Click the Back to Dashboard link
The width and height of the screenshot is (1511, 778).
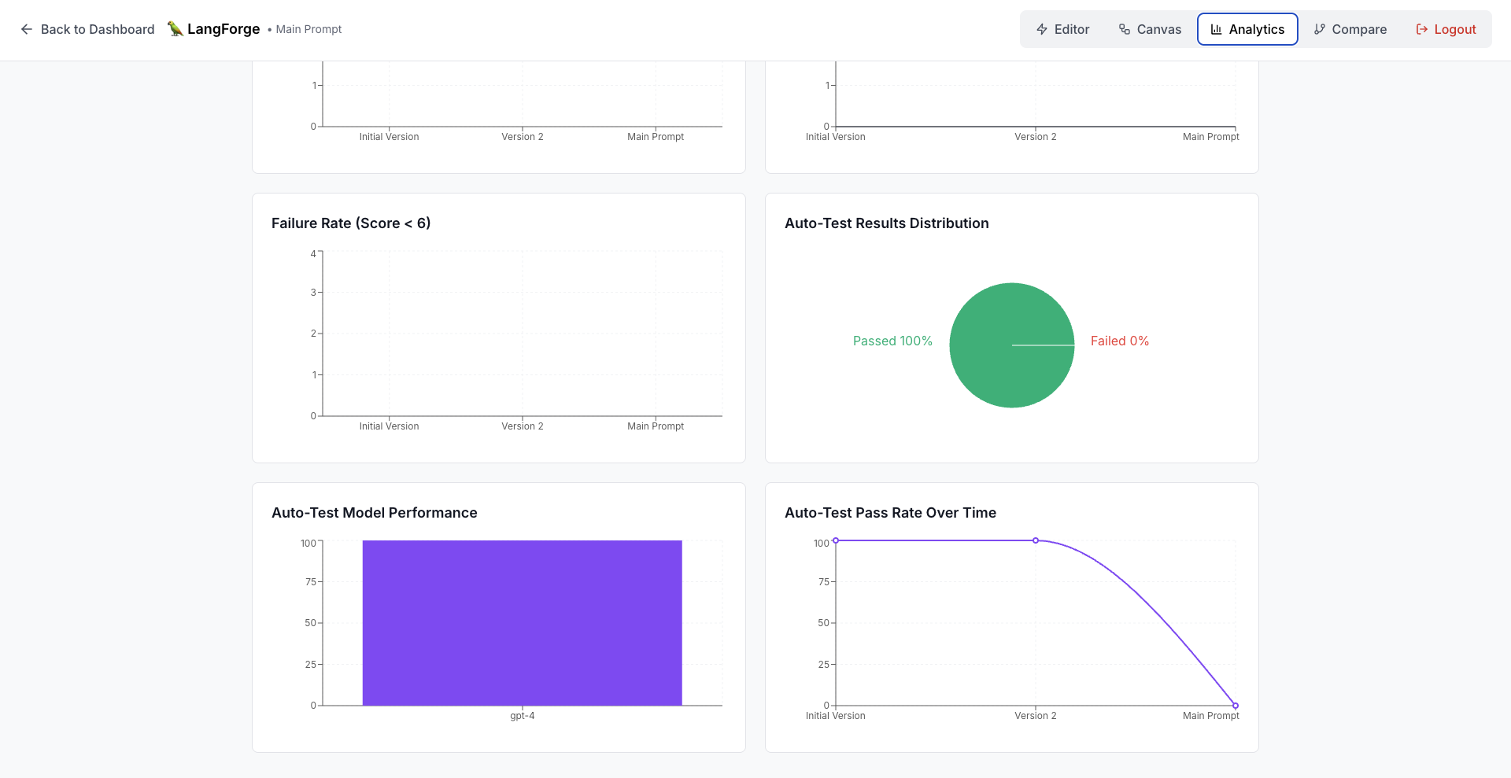coord(87,29)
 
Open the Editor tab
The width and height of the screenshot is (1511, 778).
coord(1062,29)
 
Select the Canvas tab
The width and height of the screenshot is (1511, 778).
coord(1150,29)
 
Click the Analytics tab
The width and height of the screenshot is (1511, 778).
coord(1247,29)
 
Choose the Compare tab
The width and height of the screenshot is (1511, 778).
coord(1350,29)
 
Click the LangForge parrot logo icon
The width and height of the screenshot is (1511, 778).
coord(175,29)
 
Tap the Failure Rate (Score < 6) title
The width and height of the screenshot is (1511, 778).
coord(351,223)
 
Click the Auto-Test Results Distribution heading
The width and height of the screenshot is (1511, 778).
coord(886,223)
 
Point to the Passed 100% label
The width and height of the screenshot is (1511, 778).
coord(892,341)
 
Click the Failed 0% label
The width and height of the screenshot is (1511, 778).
coord(1119,341)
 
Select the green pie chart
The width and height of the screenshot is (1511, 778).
coord(1012,345)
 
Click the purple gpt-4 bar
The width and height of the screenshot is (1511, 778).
coord(522,622)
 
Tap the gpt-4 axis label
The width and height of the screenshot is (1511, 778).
coord(522,716)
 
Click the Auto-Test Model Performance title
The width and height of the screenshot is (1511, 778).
coord(375,513)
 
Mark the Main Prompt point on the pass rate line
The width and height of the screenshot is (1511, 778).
coord(1236,706)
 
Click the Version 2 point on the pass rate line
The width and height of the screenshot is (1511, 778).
coord(1036,540)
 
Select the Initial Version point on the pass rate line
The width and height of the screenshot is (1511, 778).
coord(836,540)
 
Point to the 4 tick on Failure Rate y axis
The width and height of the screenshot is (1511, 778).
coord(313,253)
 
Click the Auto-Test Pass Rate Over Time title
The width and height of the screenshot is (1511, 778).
coord(890,513)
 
